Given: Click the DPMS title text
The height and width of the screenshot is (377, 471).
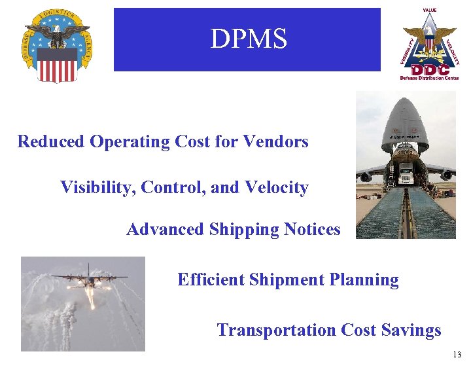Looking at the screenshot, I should click(x=248, y=39).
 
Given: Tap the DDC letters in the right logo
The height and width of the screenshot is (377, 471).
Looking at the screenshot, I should click(x=430, y=69).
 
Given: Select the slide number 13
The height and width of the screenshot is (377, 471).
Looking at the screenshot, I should click(x=456, y=355).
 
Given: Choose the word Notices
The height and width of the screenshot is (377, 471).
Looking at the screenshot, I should click(x=312, y=230).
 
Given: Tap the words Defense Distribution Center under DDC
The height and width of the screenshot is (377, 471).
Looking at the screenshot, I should click(x=430, y=78).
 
